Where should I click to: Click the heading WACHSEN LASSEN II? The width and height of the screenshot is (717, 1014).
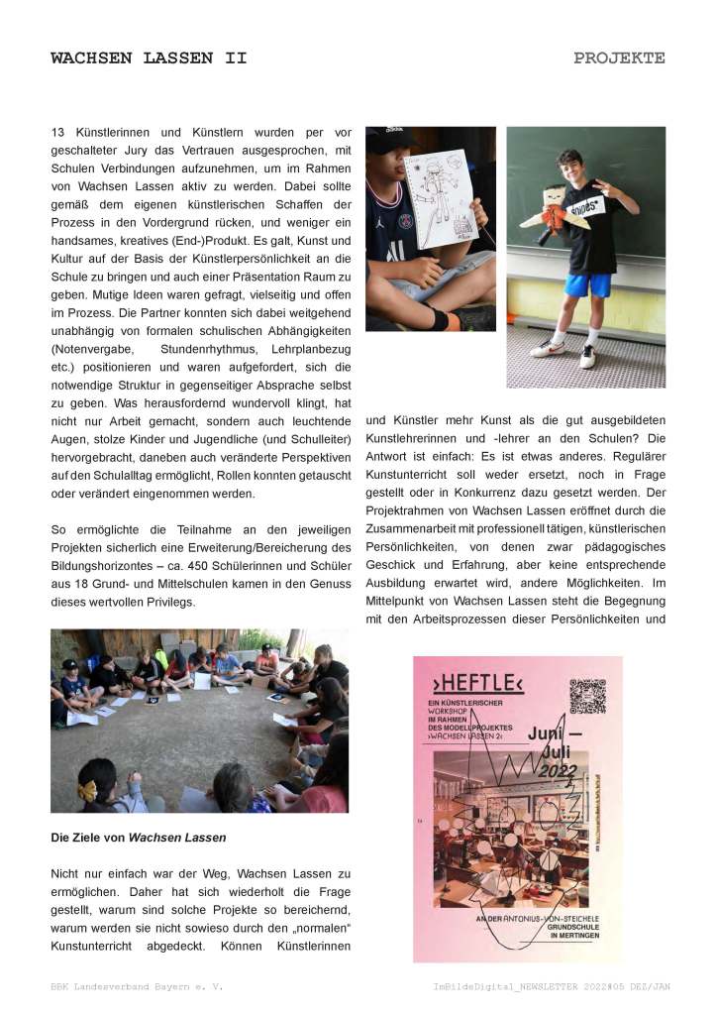[x=149, y=58]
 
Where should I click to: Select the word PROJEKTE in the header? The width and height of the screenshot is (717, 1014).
[x=619, y=58]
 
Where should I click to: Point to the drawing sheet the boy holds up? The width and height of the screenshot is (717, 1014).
[x=441, y=198]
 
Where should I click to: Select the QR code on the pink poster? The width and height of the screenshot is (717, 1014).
[x=586, y=697]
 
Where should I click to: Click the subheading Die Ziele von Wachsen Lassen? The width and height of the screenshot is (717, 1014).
[x=139, y=838]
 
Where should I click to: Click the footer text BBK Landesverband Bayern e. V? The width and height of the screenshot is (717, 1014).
[x=137, y=987]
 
